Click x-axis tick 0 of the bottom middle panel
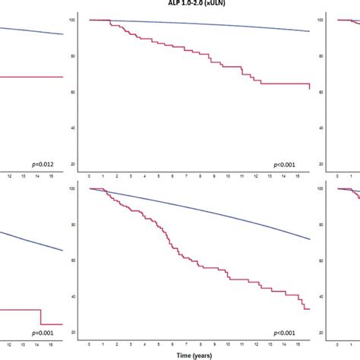tap(90, 345)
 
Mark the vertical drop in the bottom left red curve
tap(41, 317)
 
